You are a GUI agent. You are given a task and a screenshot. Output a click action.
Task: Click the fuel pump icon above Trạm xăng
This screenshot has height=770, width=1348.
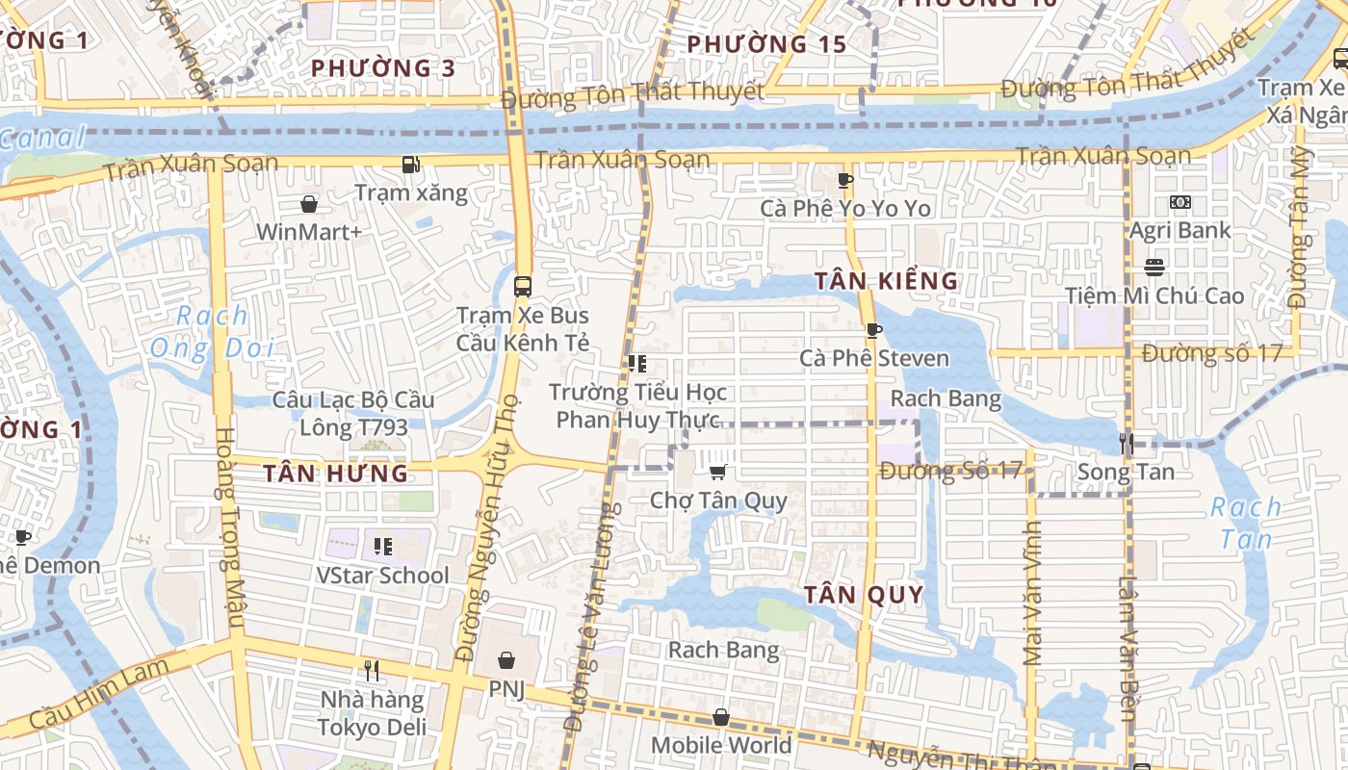(411, 165)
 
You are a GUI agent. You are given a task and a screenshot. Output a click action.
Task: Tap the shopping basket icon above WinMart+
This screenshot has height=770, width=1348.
(309, 204)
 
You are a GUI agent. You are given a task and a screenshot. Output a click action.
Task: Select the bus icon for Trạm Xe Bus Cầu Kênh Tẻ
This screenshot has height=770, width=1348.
(523, 286)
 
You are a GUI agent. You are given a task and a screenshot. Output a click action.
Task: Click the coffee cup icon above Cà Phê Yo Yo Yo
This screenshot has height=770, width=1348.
(845, 180)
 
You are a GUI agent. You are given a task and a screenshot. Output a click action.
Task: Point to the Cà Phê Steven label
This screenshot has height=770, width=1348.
(874, 358)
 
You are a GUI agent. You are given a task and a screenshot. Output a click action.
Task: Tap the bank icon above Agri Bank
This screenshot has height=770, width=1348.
(1179, 202)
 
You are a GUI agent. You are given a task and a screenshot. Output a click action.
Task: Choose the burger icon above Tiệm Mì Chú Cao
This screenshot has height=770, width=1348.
(1154, 267)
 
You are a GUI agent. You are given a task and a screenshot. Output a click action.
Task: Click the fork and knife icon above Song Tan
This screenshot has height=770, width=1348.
(1126, 443)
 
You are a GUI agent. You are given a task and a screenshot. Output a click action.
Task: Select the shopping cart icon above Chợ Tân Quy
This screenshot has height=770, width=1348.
(717, 472)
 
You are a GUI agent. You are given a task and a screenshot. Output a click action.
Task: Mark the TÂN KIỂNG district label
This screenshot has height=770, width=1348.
(887, 281)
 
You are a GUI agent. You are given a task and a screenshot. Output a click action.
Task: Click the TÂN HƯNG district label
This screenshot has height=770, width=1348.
(336, 474)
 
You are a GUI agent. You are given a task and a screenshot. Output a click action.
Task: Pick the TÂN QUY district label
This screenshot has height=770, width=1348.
(864, 594)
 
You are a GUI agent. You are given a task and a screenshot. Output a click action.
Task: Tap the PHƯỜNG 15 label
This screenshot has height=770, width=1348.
(766, 44)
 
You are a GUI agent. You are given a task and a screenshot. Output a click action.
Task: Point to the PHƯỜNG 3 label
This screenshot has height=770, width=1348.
(383, 68)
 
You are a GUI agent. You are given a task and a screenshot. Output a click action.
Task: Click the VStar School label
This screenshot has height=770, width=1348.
(383, 576)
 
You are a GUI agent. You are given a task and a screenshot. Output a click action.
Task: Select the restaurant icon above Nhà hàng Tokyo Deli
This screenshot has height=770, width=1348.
(372, 669)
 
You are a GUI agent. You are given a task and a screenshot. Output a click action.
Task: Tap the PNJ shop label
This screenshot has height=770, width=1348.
(506, 689)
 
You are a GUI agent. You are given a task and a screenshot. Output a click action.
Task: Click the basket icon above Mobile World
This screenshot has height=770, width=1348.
(721, 717)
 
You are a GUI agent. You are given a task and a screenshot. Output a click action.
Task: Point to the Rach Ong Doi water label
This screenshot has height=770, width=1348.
(212, 332)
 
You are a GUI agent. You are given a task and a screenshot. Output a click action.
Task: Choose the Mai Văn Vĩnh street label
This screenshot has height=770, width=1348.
(1033, 594)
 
